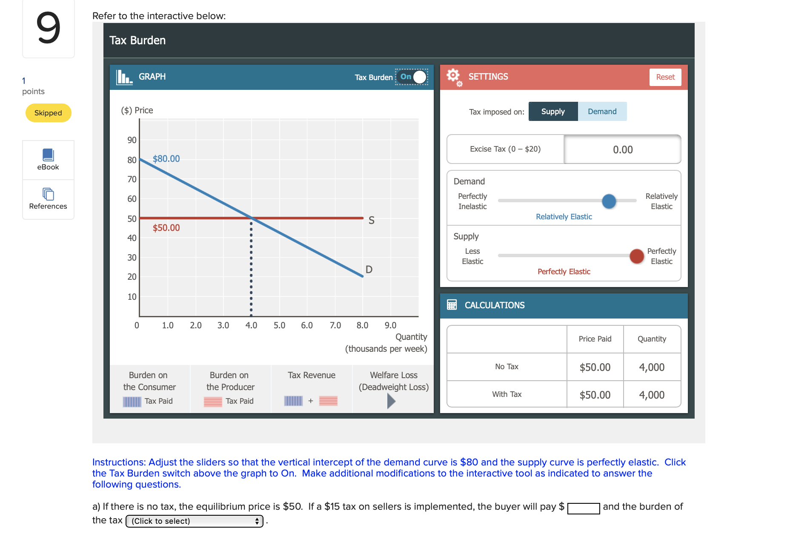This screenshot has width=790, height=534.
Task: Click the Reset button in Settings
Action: [665, 77]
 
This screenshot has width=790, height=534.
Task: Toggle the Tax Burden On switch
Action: [412, 77]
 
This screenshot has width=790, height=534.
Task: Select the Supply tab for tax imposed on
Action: [553, 112]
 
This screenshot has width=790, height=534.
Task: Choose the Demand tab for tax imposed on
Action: [602, 112]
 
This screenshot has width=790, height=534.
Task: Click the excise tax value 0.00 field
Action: [622, 149]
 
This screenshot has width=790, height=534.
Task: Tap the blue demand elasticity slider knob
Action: [609, 201]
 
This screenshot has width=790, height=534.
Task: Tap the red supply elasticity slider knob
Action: [636, 256]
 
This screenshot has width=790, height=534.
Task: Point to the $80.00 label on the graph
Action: [166, 159]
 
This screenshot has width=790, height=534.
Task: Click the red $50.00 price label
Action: [166, 228]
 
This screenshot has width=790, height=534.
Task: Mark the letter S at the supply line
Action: [371, 220]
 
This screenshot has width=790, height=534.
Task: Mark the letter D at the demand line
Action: [369, 270]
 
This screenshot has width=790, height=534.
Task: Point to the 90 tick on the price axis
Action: [132, 140]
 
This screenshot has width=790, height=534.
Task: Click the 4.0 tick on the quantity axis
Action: [251, 325]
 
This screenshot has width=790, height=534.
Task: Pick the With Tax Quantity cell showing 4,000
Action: [652, 395]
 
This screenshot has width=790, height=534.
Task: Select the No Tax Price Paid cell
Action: [595, 367]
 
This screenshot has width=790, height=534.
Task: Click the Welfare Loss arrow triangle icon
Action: [391, 401]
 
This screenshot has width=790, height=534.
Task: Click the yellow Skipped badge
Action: [48, 113]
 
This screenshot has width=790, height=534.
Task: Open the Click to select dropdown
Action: [195, 521]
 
